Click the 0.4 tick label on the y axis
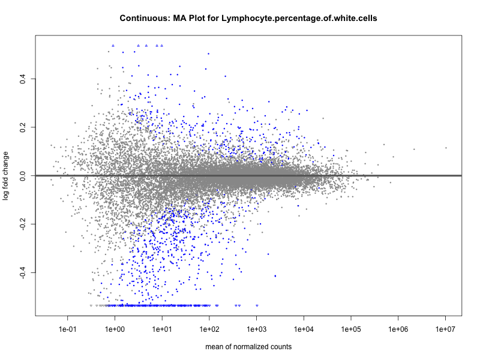tap(22, 79)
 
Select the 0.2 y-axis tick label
tap(22, 127)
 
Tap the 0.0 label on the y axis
tap(22, 176)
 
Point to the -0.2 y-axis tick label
tap(22, 224)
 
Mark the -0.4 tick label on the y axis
tap(22, 273)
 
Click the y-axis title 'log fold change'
tap(6, 175)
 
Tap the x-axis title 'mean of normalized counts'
tap(248, 347)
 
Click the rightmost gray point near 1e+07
tap(446, 148)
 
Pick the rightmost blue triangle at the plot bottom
tap(257, 305)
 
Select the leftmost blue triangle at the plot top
tap(113, 46)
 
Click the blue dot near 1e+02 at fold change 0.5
tap(208, 53)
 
